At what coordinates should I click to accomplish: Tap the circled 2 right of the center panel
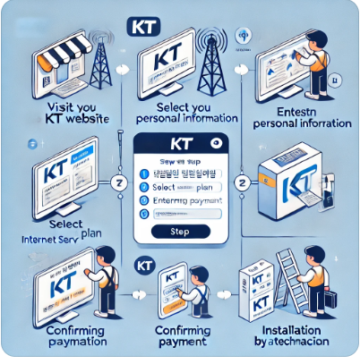click(x=242, y=184)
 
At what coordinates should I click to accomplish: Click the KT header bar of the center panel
click(x=179, y=143)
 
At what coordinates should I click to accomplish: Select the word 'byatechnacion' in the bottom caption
click(x=290, y=343)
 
